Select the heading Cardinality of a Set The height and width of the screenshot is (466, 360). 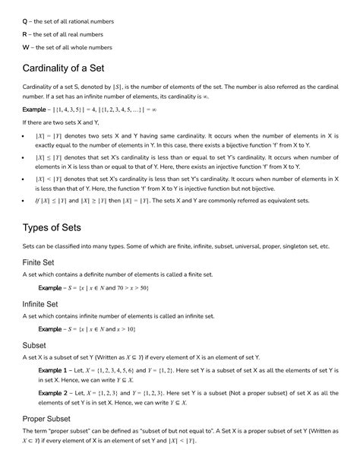point(73,68)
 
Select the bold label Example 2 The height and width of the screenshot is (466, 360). point(56,394)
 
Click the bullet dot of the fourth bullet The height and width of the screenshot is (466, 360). point(26,201)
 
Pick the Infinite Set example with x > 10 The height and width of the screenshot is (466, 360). point(96,329)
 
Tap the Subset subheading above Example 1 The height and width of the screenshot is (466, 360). point(35,344)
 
